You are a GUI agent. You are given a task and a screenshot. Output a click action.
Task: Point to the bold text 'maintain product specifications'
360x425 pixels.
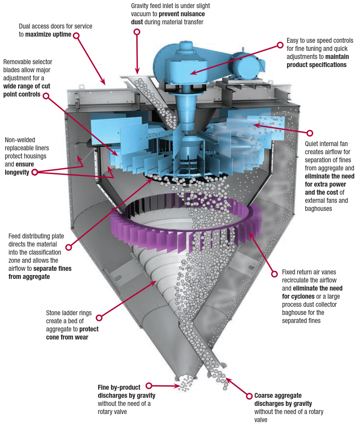pyautogui.click(x=316, y=61)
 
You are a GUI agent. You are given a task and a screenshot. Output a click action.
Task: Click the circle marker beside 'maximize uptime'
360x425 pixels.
pyautogui.click(x=76, y=36)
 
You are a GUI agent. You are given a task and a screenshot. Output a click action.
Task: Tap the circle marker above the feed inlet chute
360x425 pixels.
pyautogui.click(x=137, y=32)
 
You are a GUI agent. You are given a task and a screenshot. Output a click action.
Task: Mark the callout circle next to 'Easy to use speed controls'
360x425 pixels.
pyautogui.click(x=280, y=45)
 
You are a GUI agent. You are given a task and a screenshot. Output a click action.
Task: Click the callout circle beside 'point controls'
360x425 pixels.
pyautogui.click(x=46, y=95)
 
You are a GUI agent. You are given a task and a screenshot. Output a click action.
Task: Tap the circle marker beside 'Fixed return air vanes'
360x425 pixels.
pyautogui.click(x=275, y=273)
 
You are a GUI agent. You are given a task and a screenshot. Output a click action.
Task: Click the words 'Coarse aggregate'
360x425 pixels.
pyautogui.click(x=278, y=396)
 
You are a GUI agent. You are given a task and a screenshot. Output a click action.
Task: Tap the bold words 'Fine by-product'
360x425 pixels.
pyautogui.click(x=119, y=387)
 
